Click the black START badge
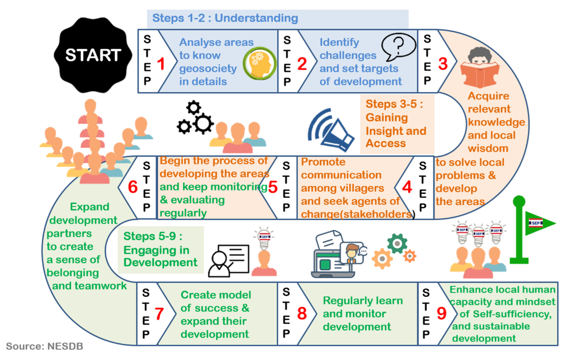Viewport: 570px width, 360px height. tap(93, 55)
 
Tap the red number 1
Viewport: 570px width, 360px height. tap(161, 64)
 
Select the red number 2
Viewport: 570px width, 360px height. tap(302, 64)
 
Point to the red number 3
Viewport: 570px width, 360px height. tap(443, 63)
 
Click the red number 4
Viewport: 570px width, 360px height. tap(407, 187)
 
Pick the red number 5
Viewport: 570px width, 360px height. tap(272, 187)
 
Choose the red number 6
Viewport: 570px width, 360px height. tap(133, 187)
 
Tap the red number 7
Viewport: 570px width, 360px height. tap(159, 314)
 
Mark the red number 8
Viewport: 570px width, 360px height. tap(302, 314)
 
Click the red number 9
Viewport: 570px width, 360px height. tap(442, 313)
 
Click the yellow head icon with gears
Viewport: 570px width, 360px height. tap(259, 64)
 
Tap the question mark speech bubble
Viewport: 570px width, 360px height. tap(398, 46)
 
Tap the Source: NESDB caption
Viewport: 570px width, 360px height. tap(44, 347)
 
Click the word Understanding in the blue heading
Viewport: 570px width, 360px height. tap(256, 18)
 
